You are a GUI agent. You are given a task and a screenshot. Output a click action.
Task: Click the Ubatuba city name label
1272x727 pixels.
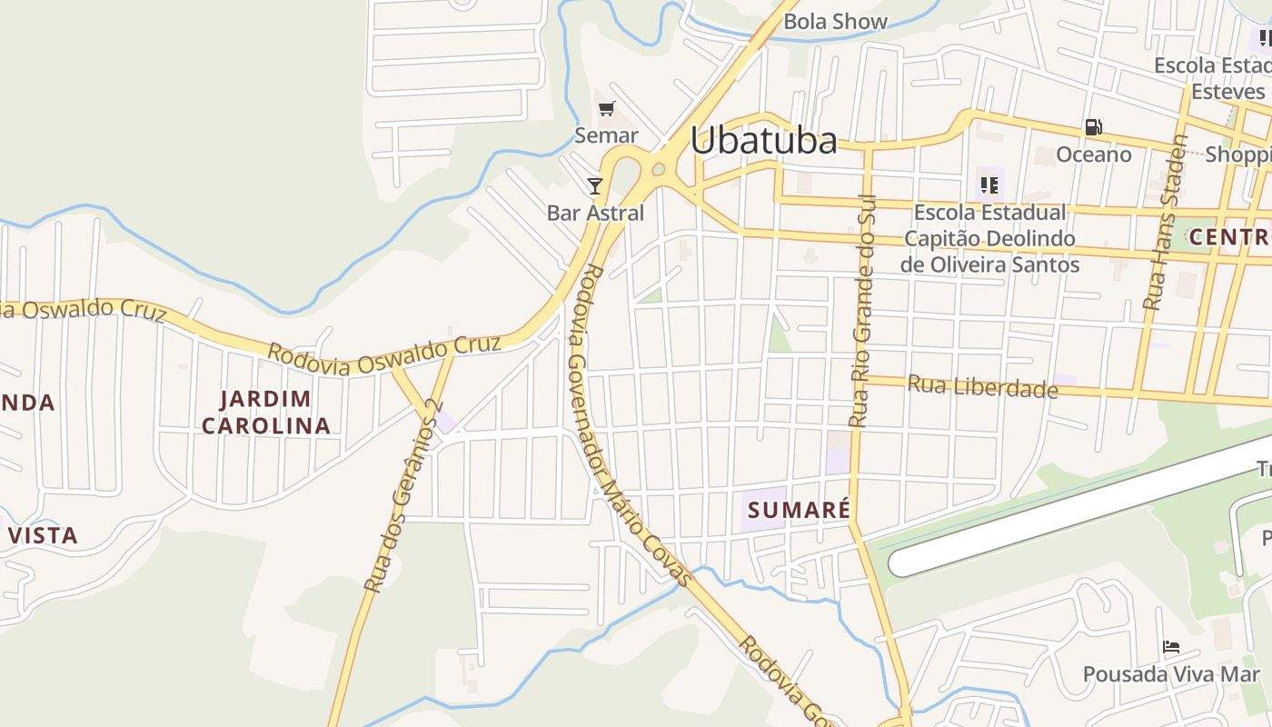pos(763,141)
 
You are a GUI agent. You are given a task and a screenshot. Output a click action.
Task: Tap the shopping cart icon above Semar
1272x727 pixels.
pos(606,109)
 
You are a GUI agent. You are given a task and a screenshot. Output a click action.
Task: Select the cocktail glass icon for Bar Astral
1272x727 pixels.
pos(595,186)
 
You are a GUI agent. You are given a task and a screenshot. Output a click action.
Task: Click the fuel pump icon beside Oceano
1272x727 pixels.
pos(1093,128)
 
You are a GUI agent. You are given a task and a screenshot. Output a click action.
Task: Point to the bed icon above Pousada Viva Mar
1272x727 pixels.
pos(1171,647)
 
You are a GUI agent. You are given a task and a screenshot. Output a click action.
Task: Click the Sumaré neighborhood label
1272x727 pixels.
pos(799,510)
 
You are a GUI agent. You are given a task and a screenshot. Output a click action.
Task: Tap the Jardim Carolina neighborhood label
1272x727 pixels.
pos(265,412)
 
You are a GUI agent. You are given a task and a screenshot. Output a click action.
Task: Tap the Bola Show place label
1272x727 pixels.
pos(835,21)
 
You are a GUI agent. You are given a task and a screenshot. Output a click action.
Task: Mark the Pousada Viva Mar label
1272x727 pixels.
pos(1171,674)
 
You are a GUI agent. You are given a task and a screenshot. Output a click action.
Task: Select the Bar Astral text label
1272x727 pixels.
pos(595,213)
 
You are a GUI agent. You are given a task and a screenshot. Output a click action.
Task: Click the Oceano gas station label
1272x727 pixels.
pos(1093,154)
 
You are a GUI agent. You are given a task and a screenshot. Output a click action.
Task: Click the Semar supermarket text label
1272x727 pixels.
pos(606,135)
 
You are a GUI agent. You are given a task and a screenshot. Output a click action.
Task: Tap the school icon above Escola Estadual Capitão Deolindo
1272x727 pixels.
pos(989,185)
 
